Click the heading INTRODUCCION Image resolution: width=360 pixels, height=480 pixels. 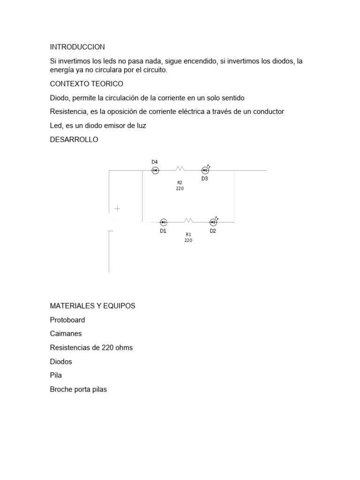[x=77, y=47]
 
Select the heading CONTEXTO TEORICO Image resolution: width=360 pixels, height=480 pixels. [x=86, y=84]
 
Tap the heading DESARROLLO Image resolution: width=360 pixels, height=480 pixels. [x=74, y=140]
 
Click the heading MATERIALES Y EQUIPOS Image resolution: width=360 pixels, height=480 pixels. [x=92, y=306]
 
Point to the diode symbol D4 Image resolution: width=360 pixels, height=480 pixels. [x=155, y=171]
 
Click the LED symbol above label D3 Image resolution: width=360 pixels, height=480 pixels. [x=205, y=170]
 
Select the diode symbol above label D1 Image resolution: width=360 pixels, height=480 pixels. [x=164, y=222]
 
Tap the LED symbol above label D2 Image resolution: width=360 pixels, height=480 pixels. [x=213, y=222]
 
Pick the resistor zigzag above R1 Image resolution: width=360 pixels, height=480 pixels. [x=188, y=220]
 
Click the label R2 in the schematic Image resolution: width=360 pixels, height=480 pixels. [x=180, y=183]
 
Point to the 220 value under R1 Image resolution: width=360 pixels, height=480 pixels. [x=188, y=240]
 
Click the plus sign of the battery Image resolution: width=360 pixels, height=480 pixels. [x=117, y=209]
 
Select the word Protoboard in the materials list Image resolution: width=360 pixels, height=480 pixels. [x=67, y=320]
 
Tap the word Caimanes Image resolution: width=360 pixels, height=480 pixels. [x=66, y=334]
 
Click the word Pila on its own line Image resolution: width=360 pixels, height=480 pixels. [x=56, y=375]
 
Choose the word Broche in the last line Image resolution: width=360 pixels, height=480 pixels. [x=61, y=390]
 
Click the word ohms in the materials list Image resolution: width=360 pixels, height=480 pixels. [x=124, y=348]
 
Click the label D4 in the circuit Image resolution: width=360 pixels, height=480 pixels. [x=155, y=162]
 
